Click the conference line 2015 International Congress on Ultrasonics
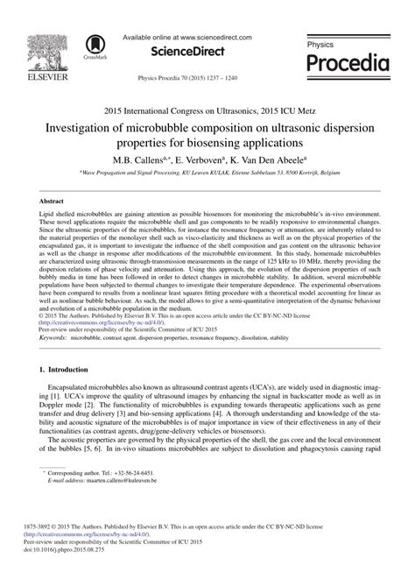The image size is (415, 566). [207, 112]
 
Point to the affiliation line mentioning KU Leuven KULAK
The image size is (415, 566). [207, 174]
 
